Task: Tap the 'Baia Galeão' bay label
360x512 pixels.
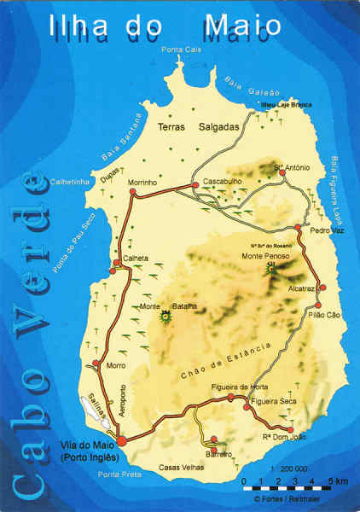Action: point(246,86)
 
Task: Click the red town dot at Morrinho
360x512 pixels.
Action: point(131,195)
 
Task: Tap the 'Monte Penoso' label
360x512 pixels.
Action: point(265,256)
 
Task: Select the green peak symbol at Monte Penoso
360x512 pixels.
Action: point(271,266)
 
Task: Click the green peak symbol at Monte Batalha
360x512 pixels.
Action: point(165,317)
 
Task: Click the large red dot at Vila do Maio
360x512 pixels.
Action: point(122,440)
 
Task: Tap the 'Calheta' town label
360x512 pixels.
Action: point(136,259)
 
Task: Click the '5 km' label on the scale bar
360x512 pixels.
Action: point(340,481)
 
